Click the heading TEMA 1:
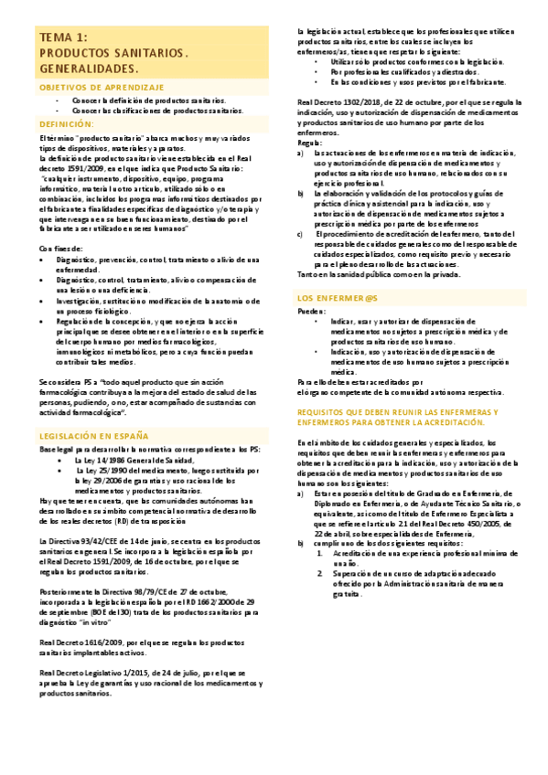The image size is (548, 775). (x=63, y=37)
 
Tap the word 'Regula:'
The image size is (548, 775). (x=310, y=143)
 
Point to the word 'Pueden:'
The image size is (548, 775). (x=312, y=312)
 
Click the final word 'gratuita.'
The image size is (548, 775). (x=346, y=568)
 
